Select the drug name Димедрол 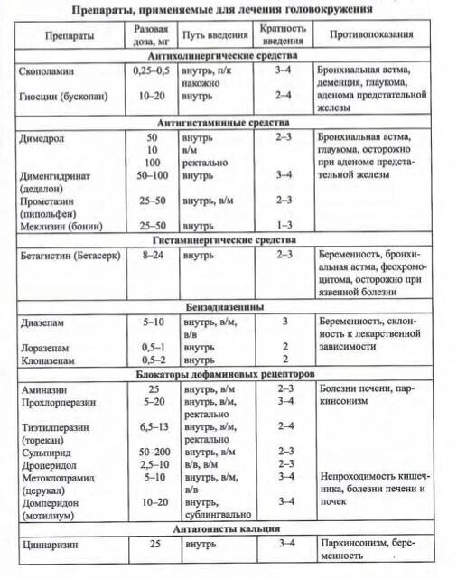42,135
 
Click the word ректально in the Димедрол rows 208,161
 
